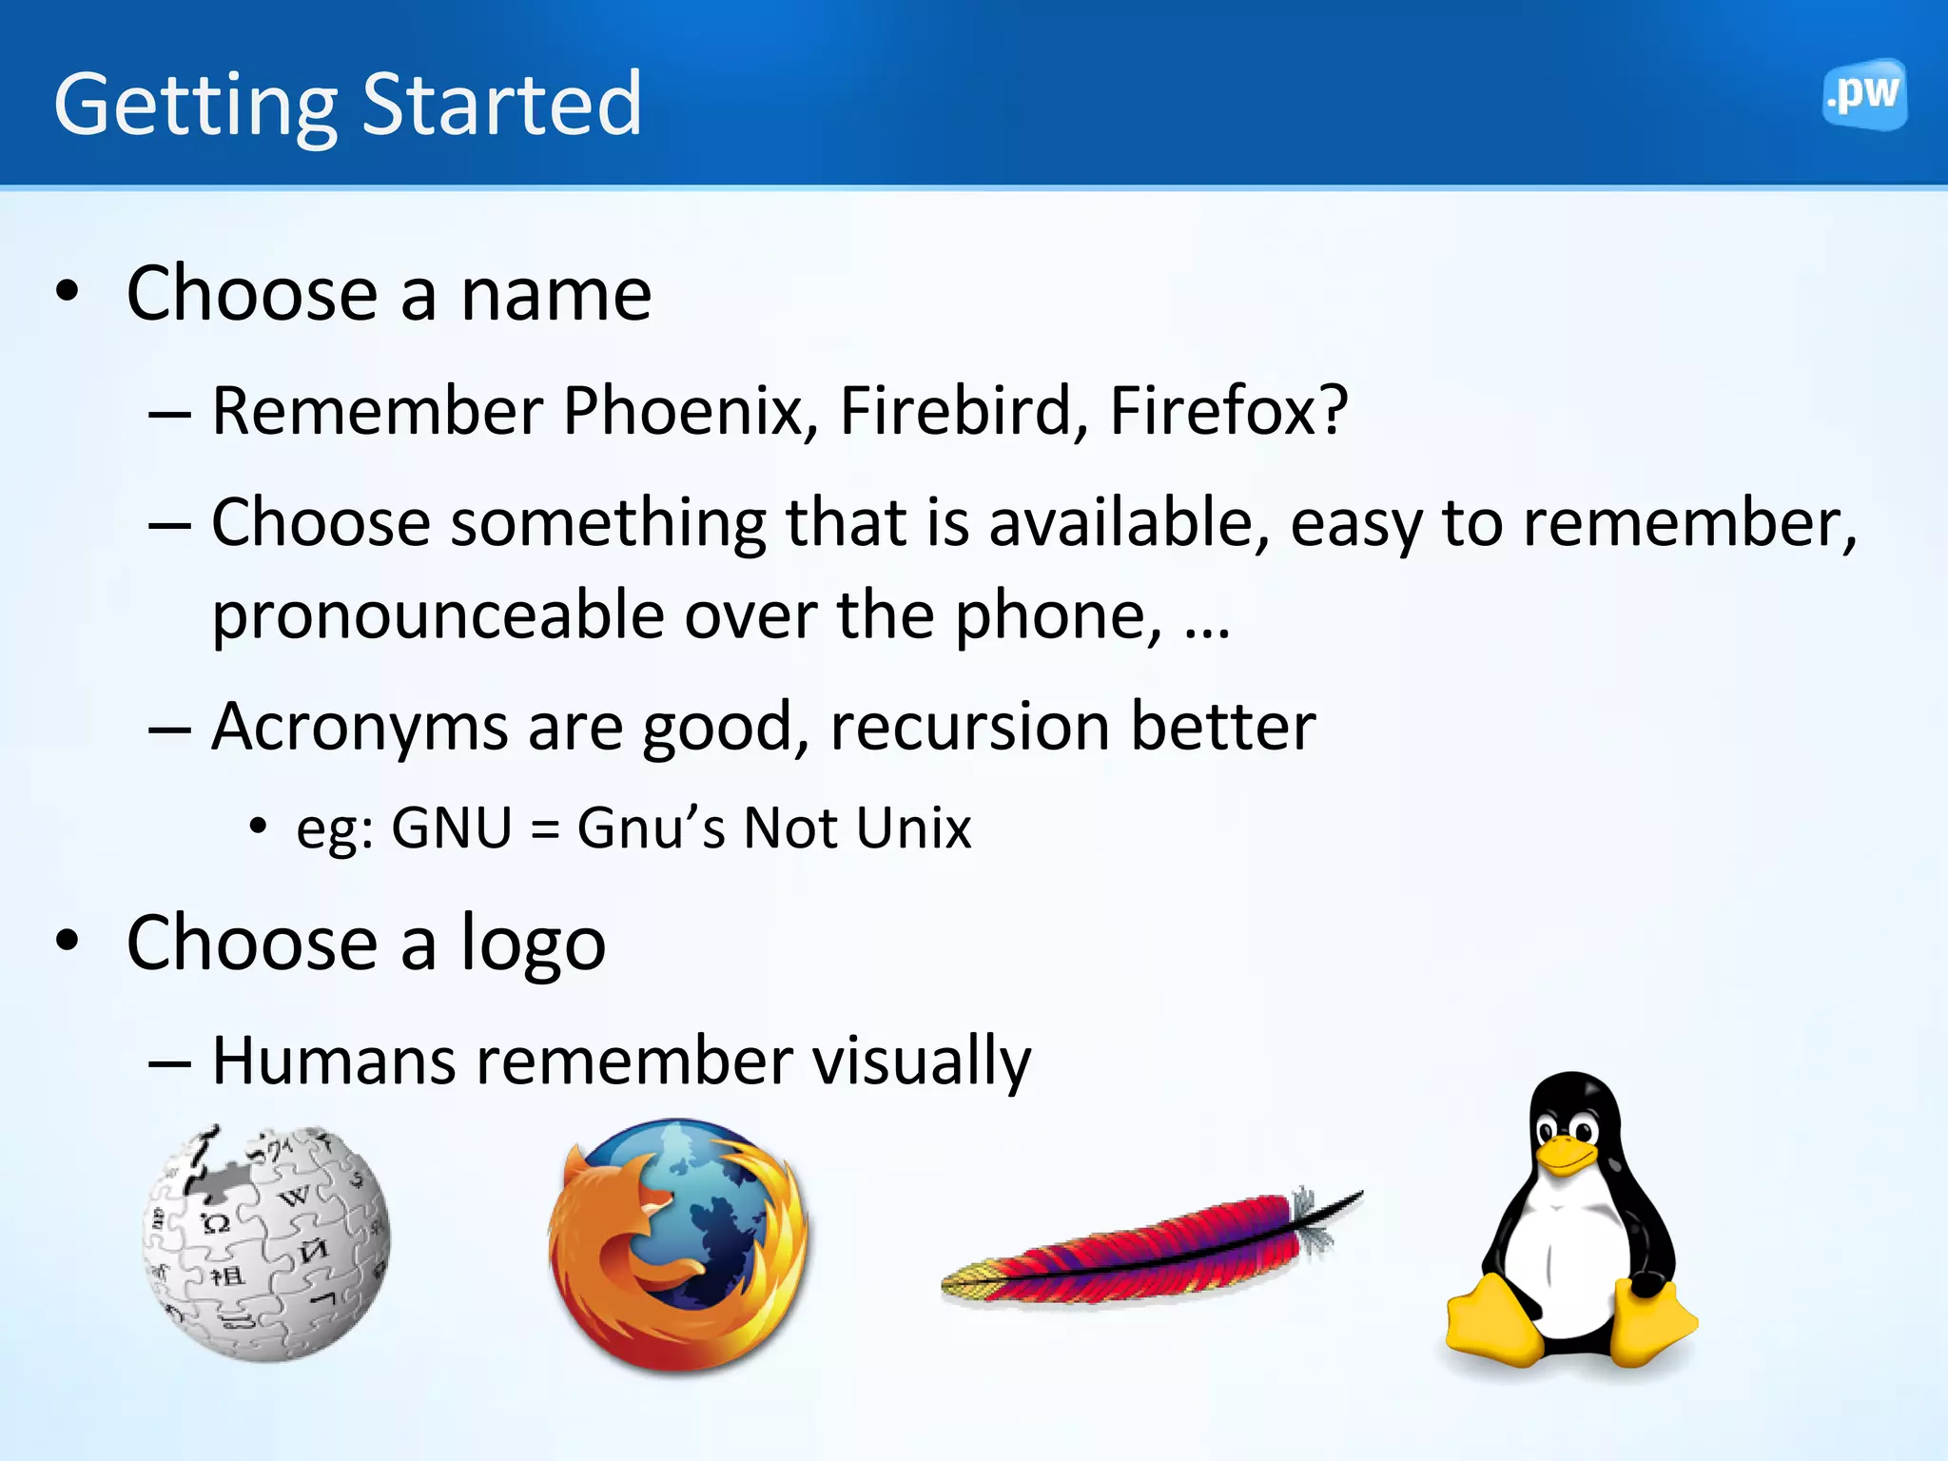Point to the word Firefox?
click(x=1228, y=411)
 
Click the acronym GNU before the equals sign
click(x=452, y=828)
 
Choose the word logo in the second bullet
click(x=533, y=945)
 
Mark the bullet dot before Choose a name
click(x=67, y=291)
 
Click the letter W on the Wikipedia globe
click(x=295, y=1196)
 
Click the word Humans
click(x=333, y=1062)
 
